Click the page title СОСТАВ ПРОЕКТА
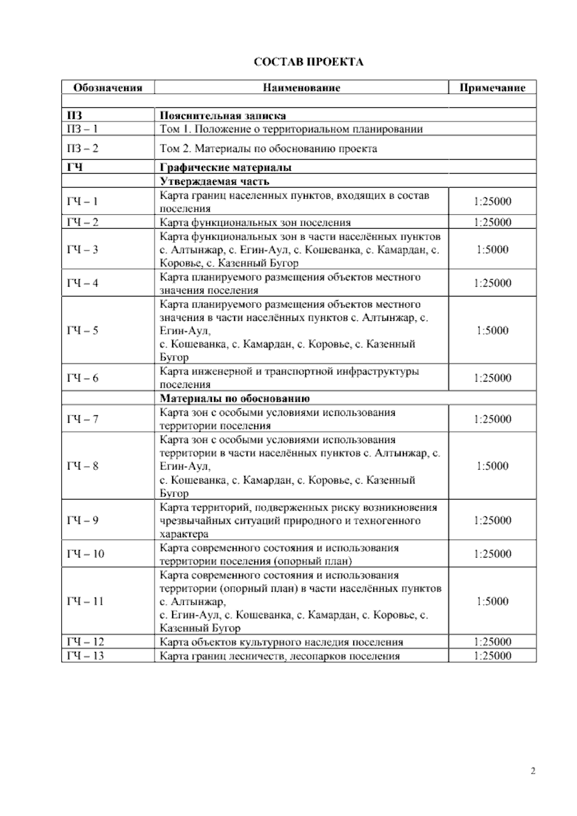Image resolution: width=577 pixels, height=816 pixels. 308,62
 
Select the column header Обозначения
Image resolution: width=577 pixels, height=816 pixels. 107,88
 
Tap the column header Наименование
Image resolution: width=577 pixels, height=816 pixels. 301,88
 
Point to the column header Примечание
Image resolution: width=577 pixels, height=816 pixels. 492,88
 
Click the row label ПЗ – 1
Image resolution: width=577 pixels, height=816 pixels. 82,129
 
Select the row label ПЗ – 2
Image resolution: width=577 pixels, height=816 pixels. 82,148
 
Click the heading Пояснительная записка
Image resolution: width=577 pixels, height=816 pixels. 223,115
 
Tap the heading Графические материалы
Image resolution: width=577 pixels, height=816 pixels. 226,167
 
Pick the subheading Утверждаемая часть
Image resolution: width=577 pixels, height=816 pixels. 214,181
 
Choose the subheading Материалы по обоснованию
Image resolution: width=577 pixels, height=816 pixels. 235,398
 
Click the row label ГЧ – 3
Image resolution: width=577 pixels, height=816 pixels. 82,249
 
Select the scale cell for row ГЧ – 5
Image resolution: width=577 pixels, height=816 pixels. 492,331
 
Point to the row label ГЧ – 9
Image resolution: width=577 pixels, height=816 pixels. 82,520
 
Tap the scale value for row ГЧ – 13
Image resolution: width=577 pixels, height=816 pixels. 492,655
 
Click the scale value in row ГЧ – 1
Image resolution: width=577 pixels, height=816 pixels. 492,202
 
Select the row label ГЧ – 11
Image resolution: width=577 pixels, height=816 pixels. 85,601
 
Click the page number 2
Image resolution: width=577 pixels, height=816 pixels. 533,771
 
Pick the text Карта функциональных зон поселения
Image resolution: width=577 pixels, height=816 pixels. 255,222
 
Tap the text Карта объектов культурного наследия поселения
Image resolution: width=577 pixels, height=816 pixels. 281,642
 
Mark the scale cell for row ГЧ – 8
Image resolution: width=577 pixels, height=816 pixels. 492,466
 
